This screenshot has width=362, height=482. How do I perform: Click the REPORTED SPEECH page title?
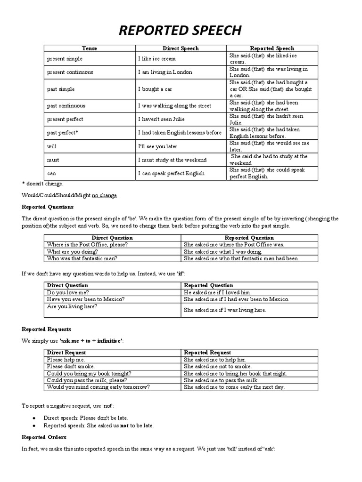(181, 31)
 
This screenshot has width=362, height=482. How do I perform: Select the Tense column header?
(90, 48)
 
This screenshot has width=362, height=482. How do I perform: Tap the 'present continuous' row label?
(70, 72)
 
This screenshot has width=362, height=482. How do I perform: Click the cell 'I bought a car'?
(157, 89)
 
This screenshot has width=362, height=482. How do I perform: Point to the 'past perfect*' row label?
(63, 133)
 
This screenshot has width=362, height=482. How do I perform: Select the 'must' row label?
(53, 160)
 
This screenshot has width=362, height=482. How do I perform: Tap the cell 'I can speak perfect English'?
(171, 173)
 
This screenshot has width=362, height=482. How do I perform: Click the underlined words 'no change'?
(104, 195)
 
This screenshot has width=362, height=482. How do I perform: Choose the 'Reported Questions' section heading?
(48, 207)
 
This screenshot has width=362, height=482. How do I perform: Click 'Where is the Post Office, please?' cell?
(87, 245)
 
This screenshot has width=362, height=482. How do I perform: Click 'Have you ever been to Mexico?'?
(85, 299)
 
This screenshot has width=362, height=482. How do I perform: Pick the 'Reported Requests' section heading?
(47, 329)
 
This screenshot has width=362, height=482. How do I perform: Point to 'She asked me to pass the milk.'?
(221, 380)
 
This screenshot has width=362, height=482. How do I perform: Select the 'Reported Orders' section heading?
(44, 437)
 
